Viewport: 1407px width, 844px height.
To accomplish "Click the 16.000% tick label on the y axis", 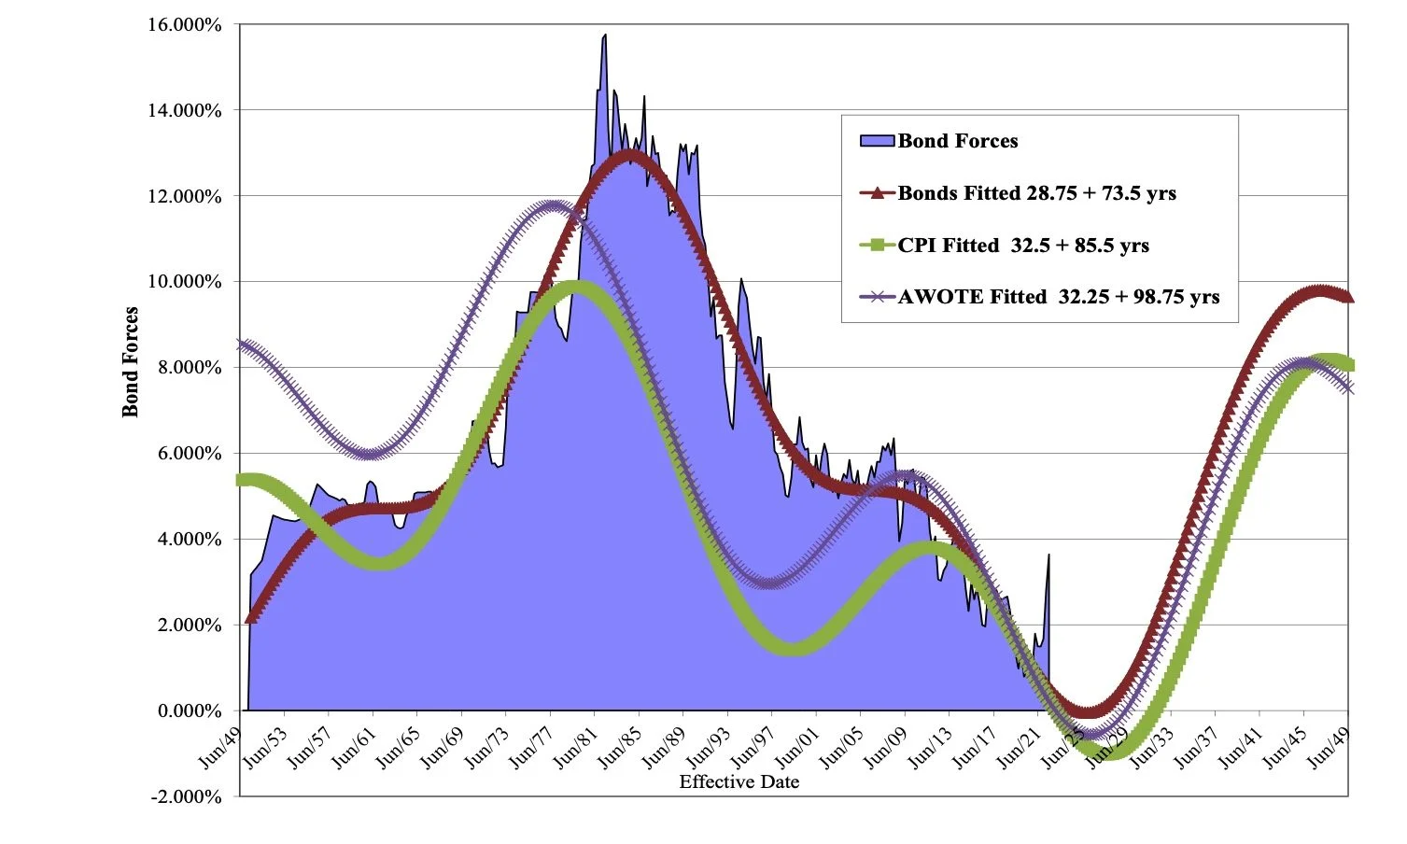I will click(185, 25).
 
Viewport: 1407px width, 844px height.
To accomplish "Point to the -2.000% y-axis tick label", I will click(185, 796).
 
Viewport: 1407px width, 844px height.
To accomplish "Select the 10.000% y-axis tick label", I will click(185, 282).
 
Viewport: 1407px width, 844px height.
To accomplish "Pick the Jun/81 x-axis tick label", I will click(575, 747).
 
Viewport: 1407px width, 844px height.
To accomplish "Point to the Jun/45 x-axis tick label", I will click(1284, 747).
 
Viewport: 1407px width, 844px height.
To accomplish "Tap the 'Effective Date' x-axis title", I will click(739, 781).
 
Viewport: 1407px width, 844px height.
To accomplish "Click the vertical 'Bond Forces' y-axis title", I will click(130, 362).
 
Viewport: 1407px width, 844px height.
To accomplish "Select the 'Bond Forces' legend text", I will click(958, 141).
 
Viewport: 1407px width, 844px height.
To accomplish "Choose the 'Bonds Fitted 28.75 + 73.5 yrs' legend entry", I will click(1036, 193).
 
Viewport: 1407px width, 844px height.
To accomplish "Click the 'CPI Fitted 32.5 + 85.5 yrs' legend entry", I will click(1023, 246).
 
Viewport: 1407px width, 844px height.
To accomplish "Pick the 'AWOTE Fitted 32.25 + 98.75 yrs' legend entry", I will click(1058, 297).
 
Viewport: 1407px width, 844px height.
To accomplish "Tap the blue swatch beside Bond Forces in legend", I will click(877, 141).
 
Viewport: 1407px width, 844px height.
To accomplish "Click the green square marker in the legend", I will click(877, 246).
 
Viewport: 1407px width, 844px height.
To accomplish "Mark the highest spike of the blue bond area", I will click(605, 35).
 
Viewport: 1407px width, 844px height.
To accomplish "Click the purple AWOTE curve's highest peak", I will click(553, 207).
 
